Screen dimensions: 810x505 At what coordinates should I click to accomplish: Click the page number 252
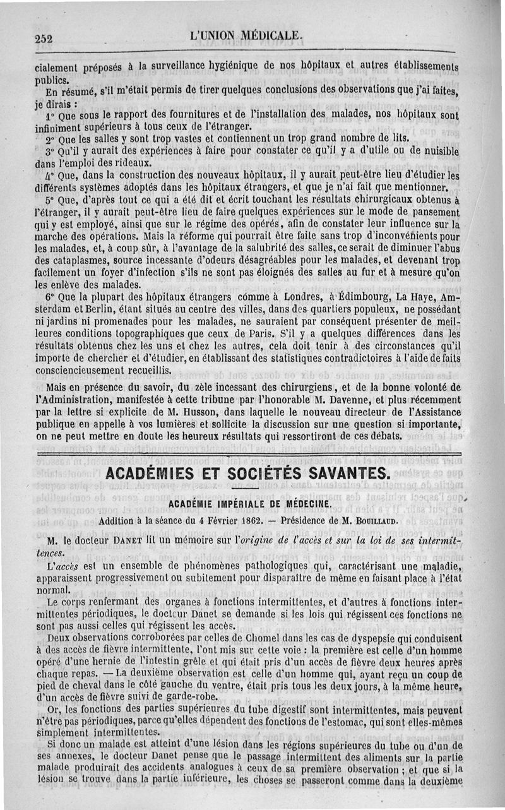pos(44,38)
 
